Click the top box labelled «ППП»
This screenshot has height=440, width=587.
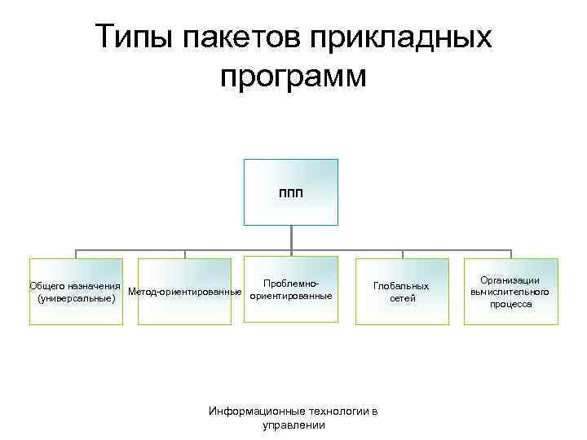coord(291,191)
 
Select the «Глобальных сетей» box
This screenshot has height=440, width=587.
coord(400,292)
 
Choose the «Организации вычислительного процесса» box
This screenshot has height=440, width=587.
coord(511,292)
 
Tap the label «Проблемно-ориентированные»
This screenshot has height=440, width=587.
coord(290,289)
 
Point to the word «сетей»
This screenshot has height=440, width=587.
coord(400,298)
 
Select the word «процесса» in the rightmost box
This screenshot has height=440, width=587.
coord(511,304)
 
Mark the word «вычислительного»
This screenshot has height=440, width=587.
coord(511,292)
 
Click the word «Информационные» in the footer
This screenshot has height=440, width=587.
coord(249,411)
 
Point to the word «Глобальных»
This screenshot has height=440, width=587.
coord(400,286)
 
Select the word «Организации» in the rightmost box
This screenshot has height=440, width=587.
coord(511,280)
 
